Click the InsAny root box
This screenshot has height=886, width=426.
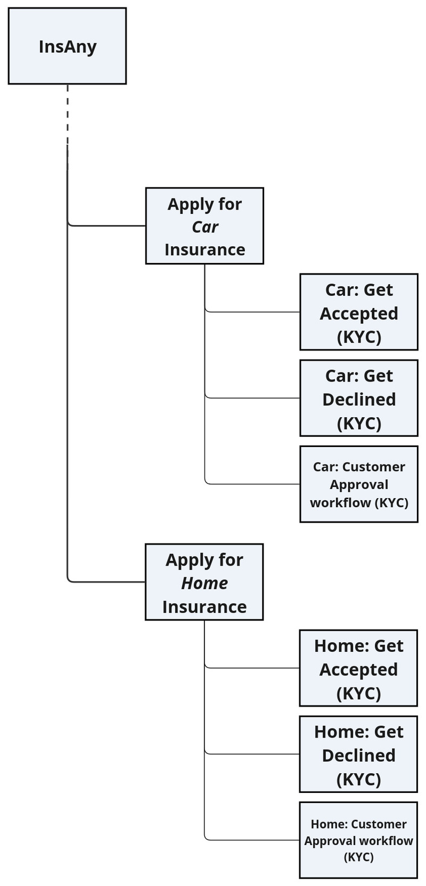pos(67,46)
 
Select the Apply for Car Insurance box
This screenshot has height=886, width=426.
pos(204,226)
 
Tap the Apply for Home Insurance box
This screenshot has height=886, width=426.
pos(204,582)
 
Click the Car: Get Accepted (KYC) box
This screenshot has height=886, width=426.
pos(358,312)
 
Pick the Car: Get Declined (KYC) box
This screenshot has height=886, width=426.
pos(358,398)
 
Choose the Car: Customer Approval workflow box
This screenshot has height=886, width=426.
pos(358,484)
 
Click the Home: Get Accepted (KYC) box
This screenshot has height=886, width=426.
pos(358,668)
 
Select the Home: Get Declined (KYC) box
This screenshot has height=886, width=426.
pos(358,754)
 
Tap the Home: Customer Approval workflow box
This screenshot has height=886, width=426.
pos(358,840)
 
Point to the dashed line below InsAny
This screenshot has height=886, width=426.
pos(68,114)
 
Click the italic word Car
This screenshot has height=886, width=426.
pos(205,227)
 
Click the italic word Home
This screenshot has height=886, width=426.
pos(204,583)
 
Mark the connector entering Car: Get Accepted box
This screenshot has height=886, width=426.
pos(253,312)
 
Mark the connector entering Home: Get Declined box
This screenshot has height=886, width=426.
pos(253,754)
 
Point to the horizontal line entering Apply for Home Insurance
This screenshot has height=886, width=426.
pos(106,582)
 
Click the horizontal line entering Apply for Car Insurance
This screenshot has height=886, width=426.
pos(106,226)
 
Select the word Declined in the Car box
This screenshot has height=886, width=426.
pos(359,400)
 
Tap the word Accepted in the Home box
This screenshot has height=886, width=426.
pos(358,669)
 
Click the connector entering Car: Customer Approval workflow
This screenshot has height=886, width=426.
pos(253,484)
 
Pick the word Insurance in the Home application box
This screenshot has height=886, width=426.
pos(204,607)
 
